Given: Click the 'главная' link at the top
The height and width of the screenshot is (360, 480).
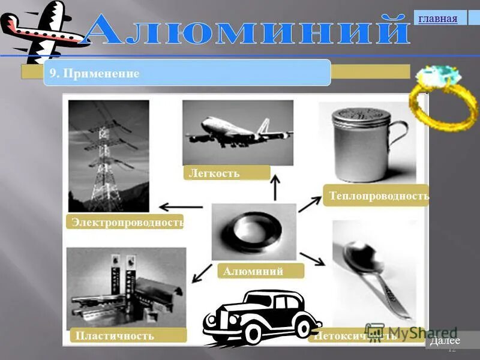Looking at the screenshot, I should pos(438,19).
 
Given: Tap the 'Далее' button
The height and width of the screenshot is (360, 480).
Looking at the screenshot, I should pos(445,341).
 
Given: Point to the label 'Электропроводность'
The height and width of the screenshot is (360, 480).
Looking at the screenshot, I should pos(126,223).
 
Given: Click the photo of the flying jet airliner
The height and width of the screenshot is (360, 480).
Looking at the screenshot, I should pos(237,133).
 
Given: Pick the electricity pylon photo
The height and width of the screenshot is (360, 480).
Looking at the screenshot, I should pos(108,156).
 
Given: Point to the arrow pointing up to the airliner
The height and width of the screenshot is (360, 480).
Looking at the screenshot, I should pos(275,188).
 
